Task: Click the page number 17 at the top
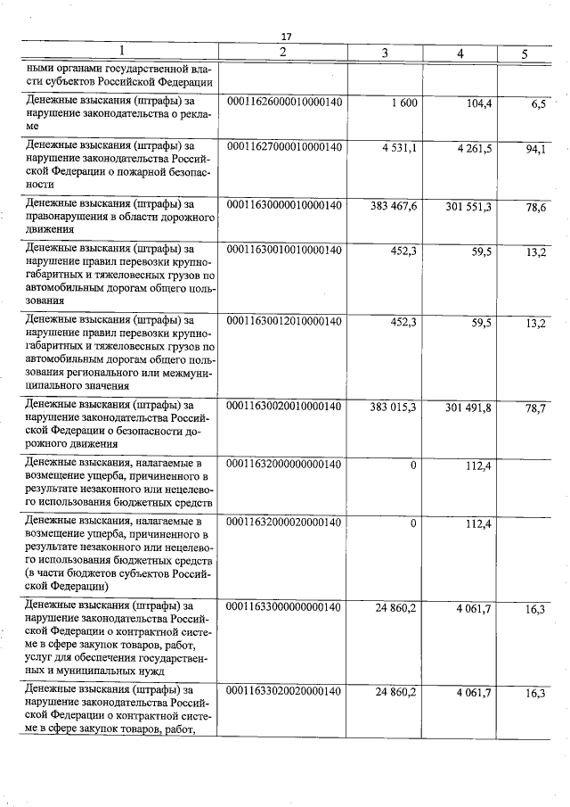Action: tap(286, 37)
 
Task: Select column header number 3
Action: tap(384, 54)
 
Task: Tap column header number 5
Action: tap(525, 54)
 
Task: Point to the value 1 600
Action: tap(403, 104)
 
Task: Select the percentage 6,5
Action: tap(537, 105)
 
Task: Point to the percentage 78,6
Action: tap(535, 207)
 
